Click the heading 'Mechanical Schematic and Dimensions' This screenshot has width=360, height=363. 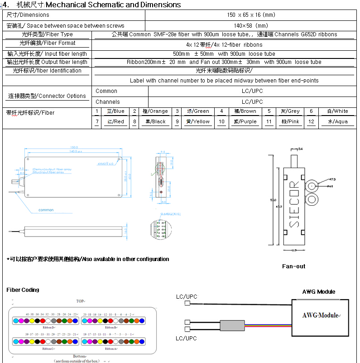113,5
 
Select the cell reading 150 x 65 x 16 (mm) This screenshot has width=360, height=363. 251,15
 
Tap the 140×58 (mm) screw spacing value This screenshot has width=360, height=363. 251,25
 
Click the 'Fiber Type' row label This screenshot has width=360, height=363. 47,34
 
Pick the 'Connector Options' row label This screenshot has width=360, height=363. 47,96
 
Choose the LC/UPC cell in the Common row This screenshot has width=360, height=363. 252,91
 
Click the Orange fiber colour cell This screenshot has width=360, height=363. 155,111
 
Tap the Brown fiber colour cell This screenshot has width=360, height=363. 245,111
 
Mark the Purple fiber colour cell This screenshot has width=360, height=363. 245,122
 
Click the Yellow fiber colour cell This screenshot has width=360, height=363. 198,122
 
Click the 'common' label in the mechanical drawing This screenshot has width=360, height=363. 46,210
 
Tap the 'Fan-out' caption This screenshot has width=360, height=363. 293,266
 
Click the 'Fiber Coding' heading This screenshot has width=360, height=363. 23,290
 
